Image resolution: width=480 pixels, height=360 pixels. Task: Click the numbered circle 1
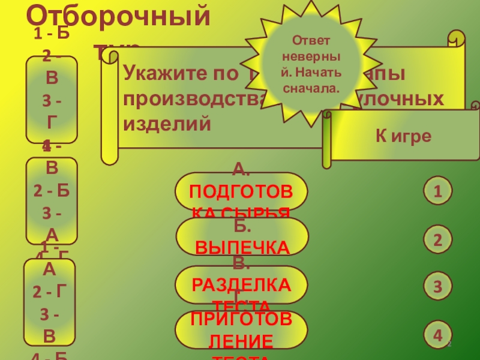pos(438,191)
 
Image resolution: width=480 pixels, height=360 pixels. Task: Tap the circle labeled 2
pos(438,240)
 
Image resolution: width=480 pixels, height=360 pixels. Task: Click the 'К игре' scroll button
pos(403,136)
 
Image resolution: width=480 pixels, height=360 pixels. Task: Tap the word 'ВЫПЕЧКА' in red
pos(241,248)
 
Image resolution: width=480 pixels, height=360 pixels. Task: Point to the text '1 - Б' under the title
pos(52,33)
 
